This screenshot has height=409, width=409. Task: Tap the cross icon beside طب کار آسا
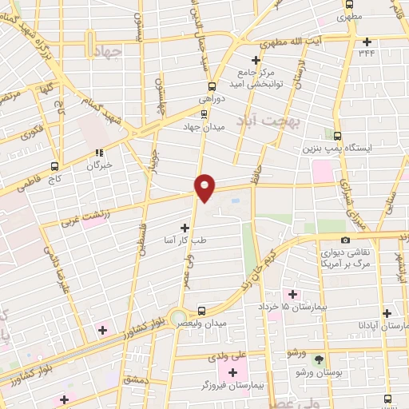[x=185, y=228]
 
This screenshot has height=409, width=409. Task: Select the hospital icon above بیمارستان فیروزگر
[x=233, y=372]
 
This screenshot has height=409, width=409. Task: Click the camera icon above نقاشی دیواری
[x=345, y=240]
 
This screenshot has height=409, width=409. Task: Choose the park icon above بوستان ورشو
[x=320, y=361]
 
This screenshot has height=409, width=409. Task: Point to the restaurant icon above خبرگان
[x=99, y=153]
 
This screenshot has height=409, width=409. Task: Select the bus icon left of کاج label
[x=54, y=167]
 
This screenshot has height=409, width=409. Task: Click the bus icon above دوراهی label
[x=212, y=87]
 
